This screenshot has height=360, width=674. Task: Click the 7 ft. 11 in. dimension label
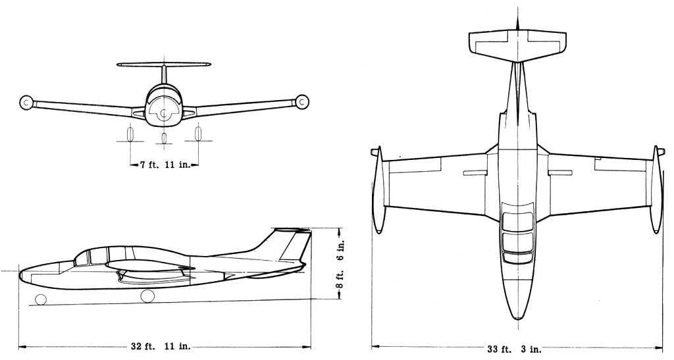coord(165,165)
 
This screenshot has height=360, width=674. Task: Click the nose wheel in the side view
coord(41,299)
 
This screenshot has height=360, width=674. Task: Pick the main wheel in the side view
coord(147,296)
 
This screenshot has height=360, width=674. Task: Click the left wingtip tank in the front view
coord(26,102)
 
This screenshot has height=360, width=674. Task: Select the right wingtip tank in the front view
coord(302,102)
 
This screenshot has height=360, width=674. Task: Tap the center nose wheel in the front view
coord(164,138)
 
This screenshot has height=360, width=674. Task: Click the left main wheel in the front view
coord(130,134)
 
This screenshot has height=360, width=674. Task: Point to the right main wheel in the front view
coord(197,134)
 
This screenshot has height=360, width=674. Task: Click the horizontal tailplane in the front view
coord(164,65)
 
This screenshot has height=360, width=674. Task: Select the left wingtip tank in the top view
coord(377,190)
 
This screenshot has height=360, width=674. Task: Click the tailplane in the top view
coord(517,46)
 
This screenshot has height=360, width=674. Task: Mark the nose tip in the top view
coord(518,320)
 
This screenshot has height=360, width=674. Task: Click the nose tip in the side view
coord(20,272)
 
